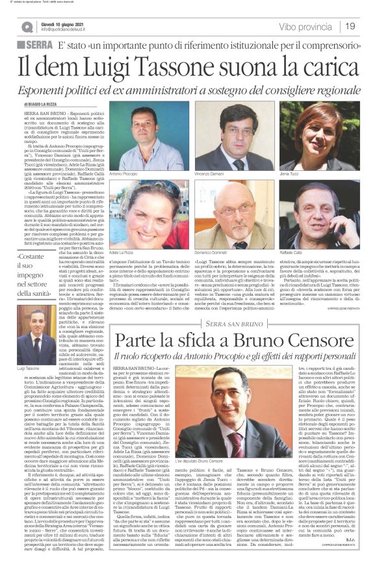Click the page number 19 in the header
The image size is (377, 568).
(x=350, y=26)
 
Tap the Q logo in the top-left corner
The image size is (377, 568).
(x=27, y=26)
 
